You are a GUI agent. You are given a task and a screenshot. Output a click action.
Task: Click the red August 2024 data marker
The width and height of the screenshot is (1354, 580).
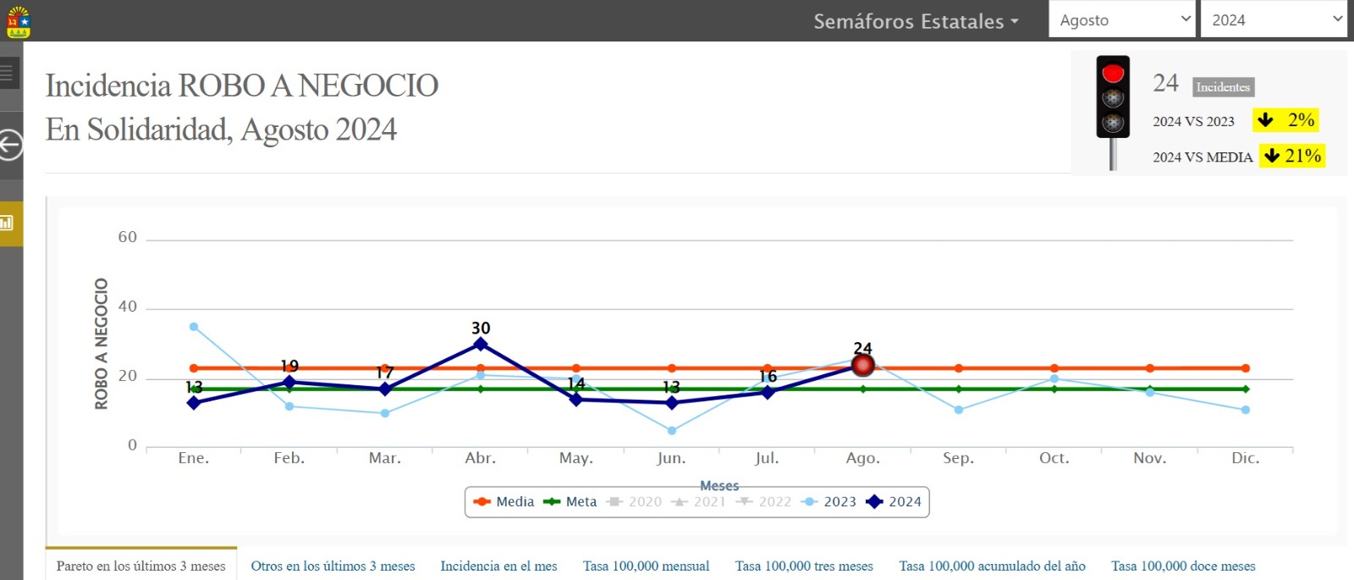click(x=862, y=365)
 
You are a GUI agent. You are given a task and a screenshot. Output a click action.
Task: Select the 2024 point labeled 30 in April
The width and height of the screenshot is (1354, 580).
click(x=481, y=344)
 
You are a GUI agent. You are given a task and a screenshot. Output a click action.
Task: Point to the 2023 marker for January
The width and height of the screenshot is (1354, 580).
click(x=194, y=327)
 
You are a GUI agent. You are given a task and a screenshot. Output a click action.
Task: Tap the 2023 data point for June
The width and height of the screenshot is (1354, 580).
click(x=672, y=431)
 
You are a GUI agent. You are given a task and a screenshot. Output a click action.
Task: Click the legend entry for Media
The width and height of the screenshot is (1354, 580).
click(x=504, y=502)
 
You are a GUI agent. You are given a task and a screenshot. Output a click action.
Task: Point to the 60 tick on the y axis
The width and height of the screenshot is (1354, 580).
click(x=128, y=237)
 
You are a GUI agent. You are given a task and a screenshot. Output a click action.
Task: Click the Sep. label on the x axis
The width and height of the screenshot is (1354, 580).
click(x=958, y=458)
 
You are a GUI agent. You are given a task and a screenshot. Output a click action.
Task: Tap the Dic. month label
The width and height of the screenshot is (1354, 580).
click(x=1245, y=458)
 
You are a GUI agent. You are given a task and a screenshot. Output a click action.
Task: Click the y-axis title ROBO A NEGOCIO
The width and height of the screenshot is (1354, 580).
click(x=102, y=344)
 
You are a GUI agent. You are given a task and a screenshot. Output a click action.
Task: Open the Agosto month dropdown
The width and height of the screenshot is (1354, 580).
click(x=1122, y=19)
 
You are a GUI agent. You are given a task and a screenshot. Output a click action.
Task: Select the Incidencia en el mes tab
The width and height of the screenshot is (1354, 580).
click(x=498, y=566)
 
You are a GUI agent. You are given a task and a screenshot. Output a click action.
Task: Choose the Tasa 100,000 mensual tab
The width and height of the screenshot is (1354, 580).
click(x=646, y=566)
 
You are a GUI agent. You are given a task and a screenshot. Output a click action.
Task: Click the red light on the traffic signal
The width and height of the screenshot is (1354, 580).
click(x=1113, y=72)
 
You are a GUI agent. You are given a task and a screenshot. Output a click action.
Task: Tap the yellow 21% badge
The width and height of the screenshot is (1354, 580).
click(x=1291, y=156)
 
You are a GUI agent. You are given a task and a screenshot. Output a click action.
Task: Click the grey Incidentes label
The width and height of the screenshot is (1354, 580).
click(x=1223, y=87)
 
